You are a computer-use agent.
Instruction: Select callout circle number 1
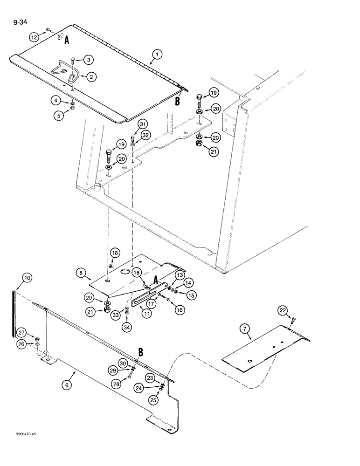pos(157,55)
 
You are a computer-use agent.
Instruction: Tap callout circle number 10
pos(27,278)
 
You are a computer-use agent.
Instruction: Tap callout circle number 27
pos(21,332)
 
